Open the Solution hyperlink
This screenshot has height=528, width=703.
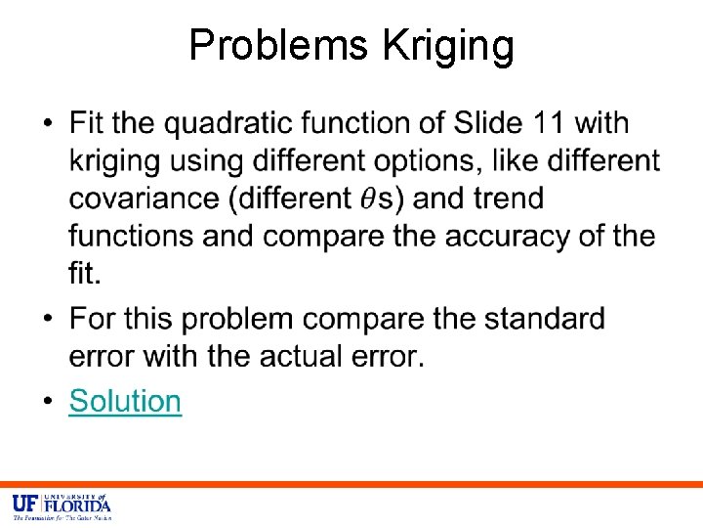(x=125, y=402)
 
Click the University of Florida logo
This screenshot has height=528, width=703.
(x=61, y=506)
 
